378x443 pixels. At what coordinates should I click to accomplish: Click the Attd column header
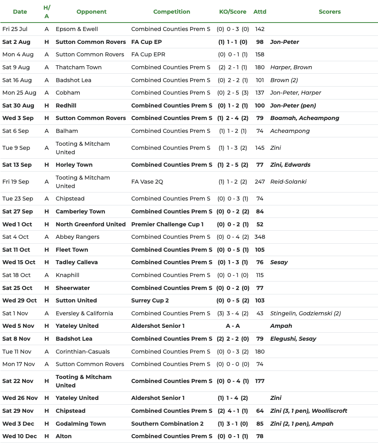click(260, 12)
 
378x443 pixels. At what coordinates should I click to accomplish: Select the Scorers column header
click(330, 12)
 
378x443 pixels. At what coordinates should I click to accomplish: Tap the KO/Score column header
click(233, 12)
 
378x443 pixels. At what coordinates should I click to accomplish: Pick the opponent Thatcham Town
click(79, 67)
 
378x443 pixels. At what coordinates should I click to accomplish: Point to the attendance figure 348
click(260, 237)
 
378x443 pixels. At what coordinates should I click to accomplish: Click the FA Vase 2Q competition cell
click(147, 182)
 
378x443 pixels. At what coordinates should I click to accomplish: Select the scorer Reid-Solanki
click(288, 182)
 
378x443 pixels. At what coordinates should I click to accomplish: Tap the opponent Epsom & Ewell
click(77, 29)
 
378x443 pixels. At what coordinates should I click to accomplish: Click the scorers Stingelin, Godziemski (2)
click(305, 313)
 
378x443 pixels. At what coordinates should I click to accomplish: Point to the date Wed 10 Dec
click(19, 436)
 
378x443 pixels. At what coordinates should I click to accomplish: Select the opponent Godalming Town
click(81, 424)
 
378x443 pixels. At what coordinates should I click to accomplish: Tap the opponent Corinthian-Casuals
click(83, 352)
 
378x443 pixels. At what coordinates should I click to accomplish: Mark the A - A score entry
click(233, 326)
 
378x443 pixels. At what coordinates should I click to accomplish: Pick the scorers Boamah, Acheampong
click(305, 118)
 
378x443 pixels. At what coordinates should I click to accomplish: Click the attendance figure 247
click(260, 182)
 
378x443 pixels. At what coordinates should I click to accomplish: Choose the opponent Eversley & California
click(84, 313)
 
